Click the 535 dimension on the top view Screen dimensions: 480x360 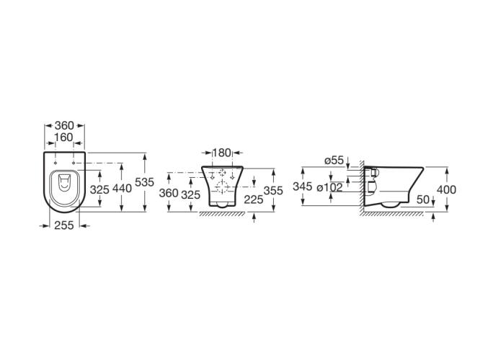click(x=144, y=182)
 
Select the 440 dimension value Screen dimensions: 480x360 click(x=122, y=189)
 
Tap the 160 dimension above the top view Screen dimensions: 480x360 click(x=64, y=138)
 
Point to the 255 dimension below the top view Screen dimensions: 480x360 click(x=64, y=225)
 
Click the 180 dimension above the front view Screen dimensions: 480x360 click(x=222, y=153)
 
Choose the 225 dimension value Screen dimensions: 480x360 click(x=254, y=199)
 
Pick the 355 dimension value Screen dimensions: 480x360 click(x=273, y=191)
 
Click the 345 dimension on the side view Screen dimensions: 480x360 click(x=303, y=186)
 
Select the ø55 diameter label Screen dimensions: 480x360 click(x=334, y=161)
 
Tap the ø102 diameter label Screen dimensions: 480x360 click(x=329, y=187)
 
